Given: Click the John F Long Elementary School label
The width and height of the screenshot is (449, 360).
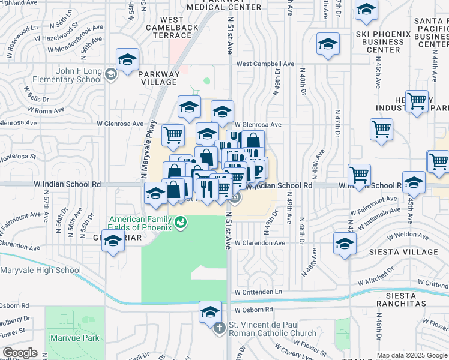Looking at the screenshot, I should (71, 75).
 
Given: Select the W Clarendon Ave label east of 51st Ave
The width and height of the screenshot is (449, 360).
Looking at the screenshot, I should (259, 243).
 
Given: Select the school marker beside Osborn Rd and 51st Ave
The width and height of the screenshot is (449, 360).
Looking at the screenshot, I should (211, 311).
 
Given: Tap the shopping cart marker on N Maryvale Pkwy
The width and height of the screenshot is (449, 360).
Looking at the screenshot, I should (173, 134).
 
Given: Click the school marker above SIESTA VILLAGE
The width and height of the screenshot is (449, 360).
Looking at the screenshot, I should (345, 244).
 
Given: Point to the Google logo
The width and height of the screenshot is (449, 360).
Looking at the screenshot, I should (20, 353).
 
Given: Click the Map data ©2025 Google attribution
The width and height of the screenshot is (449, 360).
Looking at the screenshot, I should (412, 355).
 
